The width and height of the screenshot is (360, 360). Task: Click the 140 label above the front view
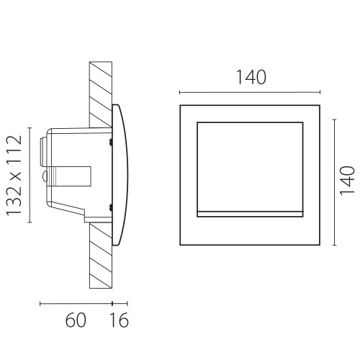[251, 77]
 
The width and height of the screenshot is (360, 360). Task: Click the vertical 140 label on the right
[347, 181]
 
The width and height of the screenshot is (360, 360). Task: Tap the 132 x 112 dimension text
[14, 176]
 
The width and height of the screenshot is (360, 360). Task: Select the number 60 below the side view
[76, 320]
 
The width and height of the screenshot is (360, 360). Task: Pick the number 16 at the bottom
[120, 320]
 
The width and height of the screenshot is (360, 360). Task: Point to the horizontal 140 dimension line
[250, 92]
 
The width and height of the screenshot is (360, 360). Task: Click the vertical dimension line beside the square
[335, 182]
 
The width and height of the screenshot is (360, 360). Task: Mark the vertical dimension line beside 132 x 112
[30, 175]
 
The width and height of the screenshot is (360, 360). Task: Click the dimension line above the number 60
[76, 304]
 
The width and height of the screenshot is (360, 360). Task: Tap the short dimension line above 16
[120, 304]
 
